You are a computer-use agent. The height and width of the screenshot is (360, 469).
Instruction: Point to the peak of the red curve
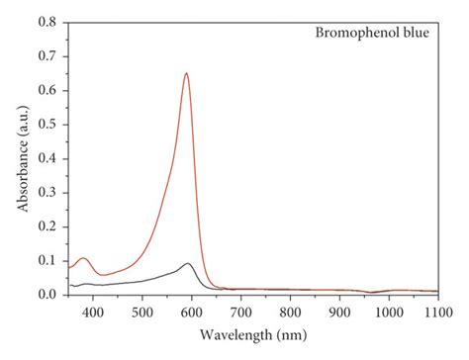(186, 73)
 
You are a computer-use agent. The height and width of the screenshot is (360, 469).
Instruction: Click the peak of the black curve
(187, 263)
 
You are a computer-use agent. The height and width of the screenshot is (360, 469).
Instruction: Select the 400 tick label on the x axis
(92, 311)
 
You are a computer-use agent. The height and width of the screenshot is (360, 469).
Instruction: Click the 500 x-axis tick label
(141, 311)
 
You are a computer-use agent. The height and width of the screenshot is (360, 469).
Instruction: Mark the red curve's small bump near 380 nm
(83, 258)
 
